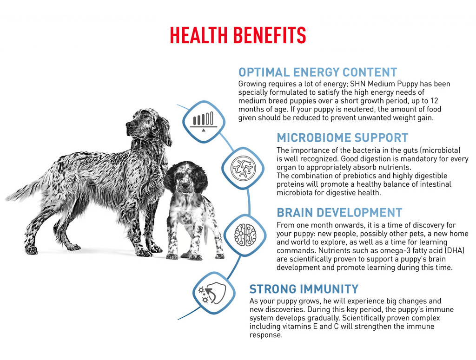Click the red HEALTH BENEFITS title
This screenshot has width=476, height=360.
[x=238, y=35]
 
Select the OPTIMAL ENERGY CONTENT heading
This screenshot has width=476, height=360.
[x=317, y=72]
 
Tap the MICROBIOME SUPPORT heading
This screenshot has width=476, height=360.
[x=342, y=137]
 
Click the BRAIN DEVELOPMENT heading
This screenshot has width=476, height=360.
[x=339, y=213]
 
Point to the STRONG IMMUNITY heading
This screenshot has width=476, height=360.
[x=304, y=289]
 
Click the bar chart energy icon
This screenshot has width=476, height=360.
[x=204, y=121]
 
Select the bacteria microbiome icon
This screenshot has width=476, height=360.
[x=243, y=168]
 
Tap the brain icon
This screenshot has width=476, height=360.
[x=245, y=235]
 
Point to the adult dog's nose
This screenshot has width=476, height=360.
[x=128, y=124]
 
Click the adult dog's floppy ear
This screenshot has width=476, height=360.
[x=164, y=131]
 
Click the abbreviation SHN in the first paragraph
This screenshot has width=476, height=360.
[x=357, y=84]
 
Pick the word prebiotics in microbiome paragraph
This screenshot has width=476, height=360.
[x=361, y=176]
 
